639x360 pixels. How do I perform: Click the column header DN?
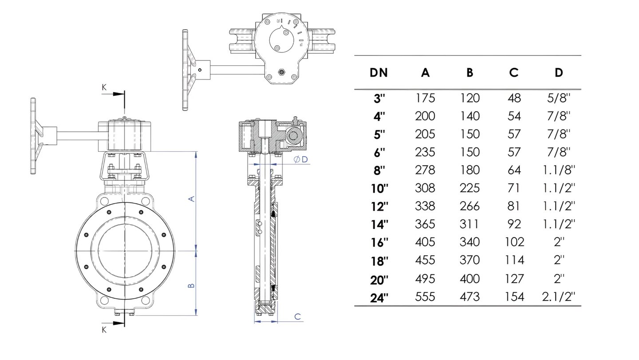point(379,73)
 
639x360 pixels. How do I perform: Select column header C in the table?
point(514,73)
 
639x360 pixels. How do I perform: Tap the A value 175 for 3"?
point(425,99)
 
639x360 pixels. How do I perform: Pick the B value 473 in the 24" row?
point(469,297)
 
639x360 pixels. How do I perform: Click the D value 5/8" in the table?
point(559,99)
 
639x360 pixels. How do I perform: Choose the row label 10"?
point(380,189)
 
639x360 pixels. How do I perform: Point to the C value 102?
point(514,242)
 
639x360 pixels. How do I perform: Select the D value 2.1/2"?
point(559,297)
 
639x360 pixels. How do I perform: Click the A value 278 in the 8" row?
point(425,170)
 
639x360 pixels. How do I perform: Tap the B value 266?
point(469,206)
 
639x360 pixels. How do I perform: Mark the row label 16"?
point(380,243)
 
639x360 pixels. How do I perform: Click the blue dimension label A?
point(192,198)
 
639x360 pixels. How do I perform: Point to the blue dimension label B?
point(192,285)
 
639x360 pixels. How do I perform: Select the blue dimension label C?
point(297,316)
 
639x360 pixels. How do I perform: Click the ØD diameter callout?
point(301,159)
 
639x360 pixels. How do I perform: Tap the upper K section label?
point(104,87)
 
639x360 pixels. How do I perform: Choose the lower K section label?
point(104,330)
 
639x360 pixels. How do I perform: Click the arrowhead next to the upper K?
point(118,94)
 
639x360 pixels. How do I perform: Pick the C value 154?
point(514,297)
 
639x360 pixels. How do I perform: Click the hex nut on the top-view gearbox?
point(281,72)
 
